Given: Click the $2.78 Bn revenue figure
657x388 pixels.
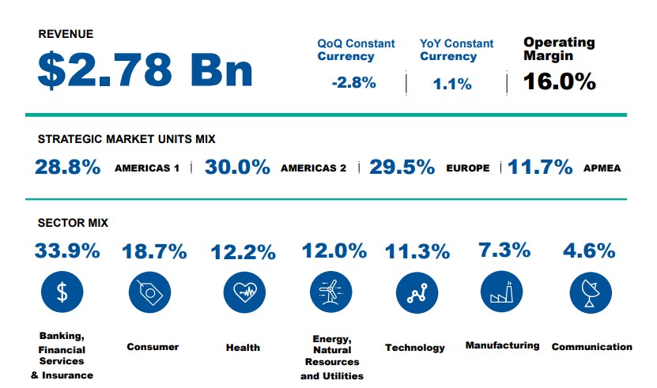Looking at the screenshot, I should point(145,71).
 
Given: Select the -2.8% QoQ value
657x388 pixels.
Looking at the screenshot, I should point(353,82).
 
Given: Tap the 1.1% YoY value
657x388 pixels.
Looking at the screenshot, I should point(452,83).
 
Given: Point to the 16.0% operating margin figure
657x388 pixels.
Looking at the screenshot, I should point(559,81).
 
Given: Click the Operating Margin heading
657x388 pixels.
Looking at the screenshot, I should point(559,49).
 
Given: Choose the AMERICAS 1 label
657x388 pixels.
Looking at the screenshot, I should point(147,168).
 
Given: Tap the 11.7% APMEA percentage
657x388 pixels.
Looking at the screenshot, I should point(540,168).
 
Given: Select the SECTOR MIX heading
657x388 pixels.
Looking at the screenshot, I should point(73,224).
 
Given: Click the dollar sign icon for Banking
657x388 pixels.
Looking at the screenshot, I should point(62,293).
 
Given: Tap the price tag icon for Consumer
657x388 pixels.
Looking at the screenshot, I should point(149,293).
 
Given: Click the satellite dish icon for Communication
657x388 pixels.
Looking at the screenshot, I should point(590,293).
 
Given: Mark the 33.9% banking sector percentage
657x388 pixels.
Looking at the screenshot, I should point(67,251).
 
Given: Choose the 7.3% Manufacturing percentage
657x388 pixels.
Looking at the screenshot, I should point(504,251).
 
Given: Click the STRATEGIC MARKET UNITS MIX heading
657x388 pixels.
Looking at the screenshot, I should point(126,139).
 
